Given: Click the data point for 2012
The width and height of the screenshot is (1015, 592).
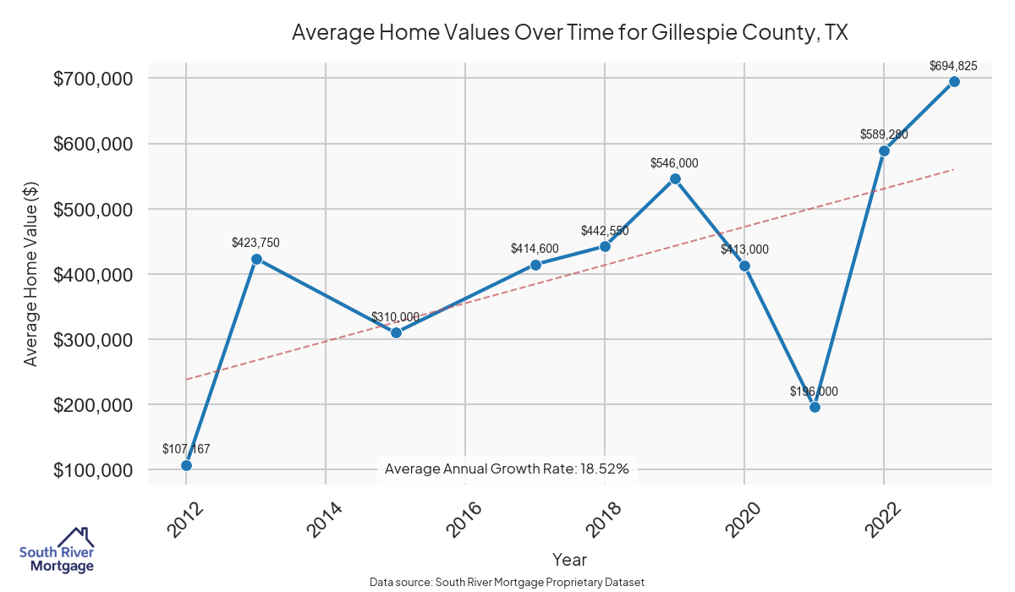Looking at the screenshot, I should [x=186, y=465].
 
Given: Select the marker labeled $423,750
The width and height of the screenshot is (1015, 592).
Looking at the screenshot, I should [x=256, y=259].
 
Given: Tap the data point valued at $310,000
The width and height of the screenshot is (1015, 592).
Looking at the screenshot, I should [x=396, y=332].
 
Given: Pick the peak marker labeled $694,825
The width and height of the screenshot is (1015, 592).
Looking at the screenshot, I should [x=954, y=81].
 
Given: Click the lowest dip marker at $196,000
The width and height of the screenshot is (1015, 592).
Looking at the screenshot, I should [x=815, y=407].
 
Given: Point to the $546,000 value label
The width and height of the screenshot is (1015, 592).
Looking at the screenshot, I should [x=674, y=163].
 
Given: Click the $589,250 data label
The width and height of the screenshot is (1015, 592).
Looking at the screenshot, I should [x=884, y=134].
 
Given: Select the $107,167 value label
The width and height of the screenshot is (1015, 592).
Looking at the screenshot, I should [x=186, y=449].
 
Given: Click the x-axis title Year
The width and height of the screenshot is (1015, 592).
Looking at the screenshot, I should [x=569, y=560].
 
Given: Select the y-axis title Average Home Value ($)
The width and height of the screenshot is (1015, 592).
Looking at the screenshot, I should [x=30, y=274].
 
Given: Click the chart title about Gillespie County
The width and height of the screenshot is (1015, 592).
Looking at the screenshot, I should [x=569, y=33].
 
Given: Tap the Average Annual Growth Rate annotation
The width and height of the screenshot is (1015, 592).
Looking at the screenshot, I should [x=507, y=469].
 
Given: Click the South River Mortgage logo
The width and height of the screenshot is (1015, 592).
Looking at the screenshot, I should [x=58, y=551].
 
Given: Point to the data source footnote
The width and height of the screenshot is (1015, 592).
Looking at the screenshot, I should [x=507, y=583].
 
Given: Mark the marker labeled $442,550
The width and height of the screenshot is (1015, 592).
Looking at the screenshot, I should [x=605, y=246].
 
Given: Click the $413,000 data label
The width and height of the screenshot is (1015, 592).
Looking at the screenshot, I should [x=744, y=249].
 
